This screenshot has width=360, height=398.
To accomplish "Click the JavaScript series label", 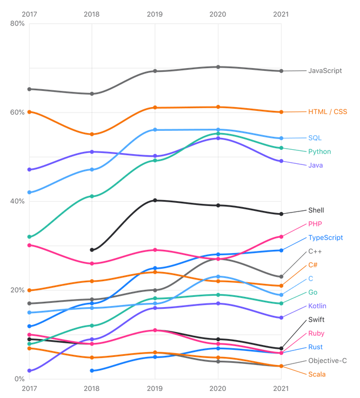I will click(325, 71).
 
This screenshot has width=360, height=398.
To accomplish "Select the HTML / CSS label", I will click(328, 112).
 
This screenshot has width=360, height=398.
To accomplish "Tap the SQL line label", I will click(315, 138).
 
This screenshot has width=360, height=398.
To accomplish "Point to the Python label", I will click(319, 152).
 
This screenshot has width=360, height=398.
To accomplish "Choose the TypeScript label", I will click(325, 238).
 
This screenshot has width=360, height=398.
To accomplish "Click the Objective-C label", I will click(328, 361).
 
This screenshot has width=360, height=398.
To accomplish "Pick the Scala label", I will click(317, 374).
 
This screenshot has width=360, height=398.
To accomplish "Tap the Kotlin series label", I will click(317, 306).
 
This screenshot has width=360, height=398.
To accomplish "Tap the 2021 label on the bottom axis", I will click(281, 388).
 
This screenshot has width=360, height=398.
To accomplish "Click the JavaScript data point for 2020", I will click(218, 67).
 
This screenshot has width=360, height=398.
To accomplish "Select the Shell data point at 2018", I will click(92, 250).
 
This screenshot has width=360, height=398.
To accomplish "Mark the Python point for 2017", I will click(29, 237).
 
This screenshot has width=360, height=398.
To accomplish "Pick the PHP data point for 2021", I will click(281, 236).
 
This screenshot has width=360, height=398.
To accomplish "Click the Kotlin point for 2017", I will click(29, 371).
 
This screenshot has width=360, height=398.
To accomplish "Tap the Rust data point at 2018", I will click(92, 370).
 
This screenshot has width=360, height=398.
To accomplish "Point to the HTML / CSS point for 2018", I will click(92, 134).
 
